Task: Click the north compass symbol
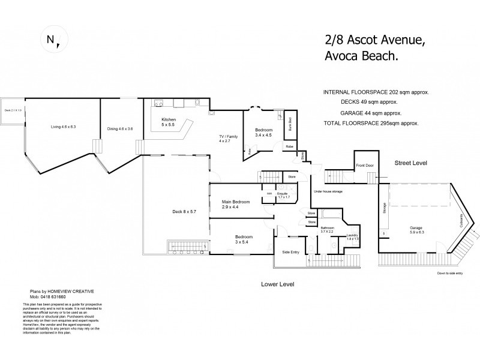tap(53, 40)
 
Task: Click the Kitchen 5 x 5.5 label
tap(169, 123)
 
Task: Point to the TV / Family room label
tap(229, 139)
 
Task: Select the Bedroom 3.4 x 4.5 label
tap(263, 133)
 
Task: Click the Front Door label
tap(365, 165)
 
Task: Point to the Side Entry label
tap(290, 251)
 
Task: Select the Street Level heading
tap(410, 163)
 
